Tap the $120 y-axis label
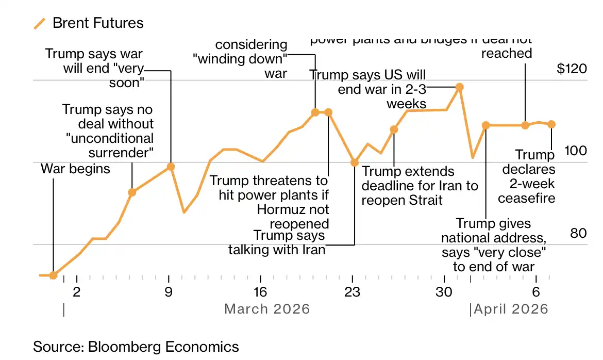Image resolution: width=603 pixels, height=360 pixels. [x=572, y=69]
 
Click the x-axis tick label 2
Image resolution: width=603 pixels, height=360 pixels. [x=76, y=292]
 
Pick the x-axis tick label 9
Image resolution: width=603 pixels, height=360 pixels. [x=169, y=292]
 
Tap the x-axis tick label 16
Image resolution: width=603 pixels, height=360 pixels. [x=260, y=292]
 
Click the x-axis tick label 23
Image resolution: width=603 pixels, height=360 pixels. [x=352, y=292]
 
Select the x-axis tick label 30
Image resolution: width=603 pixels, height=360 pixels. [x=444, y=292]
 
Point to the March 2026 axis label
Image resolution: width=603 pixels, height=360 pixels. [x=267, y=309]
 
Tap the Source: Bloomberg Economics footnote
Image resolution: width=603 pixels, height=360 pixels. [x=136, y=347]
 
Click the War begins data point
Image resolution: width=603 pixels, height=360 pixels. [x=53, y=275]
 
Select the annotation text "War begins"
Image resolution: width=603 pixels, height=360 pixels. [x=75, y=169]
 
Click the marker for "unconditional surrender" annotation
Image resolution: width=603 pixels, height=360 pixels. [x=132, y=192]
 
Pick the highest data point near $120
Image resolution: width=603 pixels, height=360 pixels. [x=459, y=88]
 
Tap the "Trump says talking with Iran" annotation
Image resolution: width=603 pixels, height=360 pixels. [x=277, y=242]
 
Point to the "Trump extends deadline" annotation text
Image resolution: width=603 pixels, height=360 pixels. [x=420, y=185]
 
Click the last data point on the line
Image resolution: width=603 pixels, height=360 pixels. [x=551, y=124]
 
